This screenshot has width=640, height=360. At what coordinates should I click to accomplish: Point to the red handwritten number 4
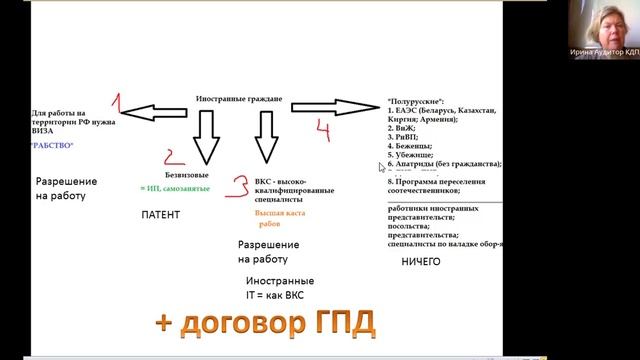coord(321,128)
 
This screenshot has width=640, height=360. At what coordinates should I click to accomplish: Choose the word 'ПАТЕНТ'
coord(159,215)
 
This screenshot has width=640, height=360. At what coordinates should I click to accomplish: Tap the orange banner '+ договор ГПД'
coord(266,323)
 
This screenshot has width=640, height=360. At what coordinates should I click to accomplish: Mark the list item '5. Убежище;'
coord(409,155)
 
